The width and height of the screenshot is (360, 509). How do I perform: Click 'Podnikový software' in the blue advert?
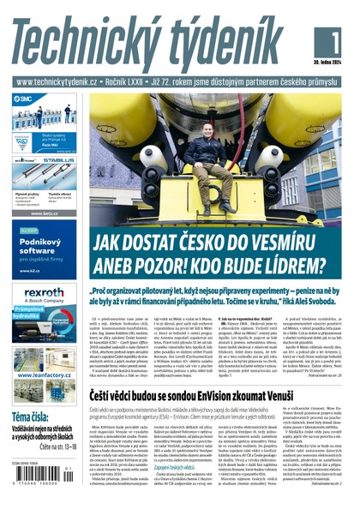tap(38, 250)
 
